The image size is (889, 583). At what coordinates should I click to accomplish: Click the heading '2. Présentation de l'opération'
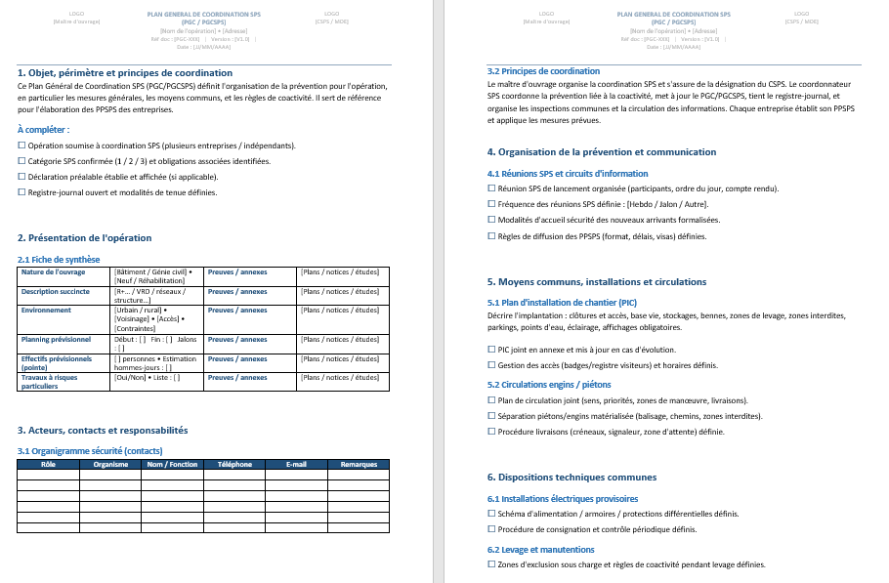point(85,238)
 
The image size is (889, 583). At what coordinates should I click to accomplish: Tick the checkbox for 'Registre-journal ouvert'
point(21,192)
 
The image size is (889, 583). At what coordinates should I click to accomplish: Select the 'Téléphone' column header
point(234,465)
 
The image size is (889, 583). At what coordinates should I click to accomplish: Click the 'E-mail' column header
point(297,465)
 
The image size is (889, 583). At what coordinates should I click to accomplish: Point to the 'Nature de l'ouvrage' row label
point(54,272)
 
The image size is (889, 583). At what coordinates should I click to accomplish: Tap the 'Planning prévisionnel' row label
point(56,340)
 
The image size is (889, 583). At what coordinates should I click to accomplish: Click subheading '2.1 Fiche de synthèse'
point(59,260)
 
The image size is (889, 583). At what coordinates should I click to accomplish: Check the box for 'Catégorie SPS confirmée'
point(21,161)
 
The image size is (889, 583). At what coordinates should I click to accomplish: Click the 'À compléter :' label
point(44,129)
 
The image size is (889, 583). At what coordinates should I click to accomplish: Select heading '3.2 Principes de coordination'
point(543,71)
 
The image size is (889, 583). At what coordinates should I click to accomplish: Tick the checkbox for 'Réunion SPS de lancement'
point(491,188)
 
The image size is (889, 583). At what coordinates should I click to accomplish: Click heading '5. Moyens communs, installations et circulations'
point(596,282)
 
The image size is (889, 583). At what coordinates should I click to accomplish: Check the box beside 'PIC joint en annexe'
point(491,350)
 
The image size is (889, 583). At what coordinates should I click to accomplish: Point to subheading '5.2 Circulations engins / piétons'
point(548,385)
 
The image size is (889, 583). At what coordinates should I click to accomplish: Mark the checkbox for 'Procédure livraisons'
point(491,432)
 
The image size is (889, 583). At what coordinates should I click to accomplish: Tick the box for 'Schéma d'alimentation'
point(491,514)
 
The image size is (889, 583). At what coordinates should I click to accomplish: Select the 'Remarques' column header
point(359,465)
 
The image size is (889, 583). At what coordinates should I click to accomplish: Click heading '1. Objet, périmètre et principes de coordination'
point(125,73)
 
